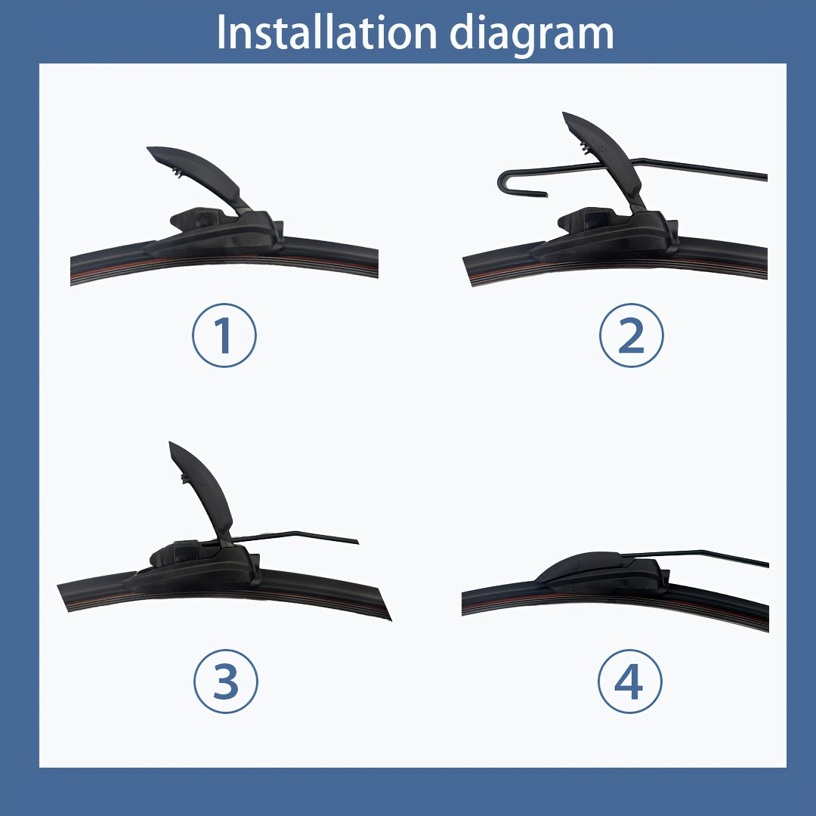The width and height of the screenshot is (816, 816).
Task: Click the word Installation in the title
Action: coord(326,32)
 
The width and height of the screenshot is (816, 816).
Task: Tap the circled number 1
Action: coord(224,335)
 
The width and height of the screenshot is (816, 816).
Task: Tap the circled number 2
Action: coord(631,335)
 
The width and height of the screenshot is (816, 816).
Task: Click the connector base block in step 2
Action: coord(612,232)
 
